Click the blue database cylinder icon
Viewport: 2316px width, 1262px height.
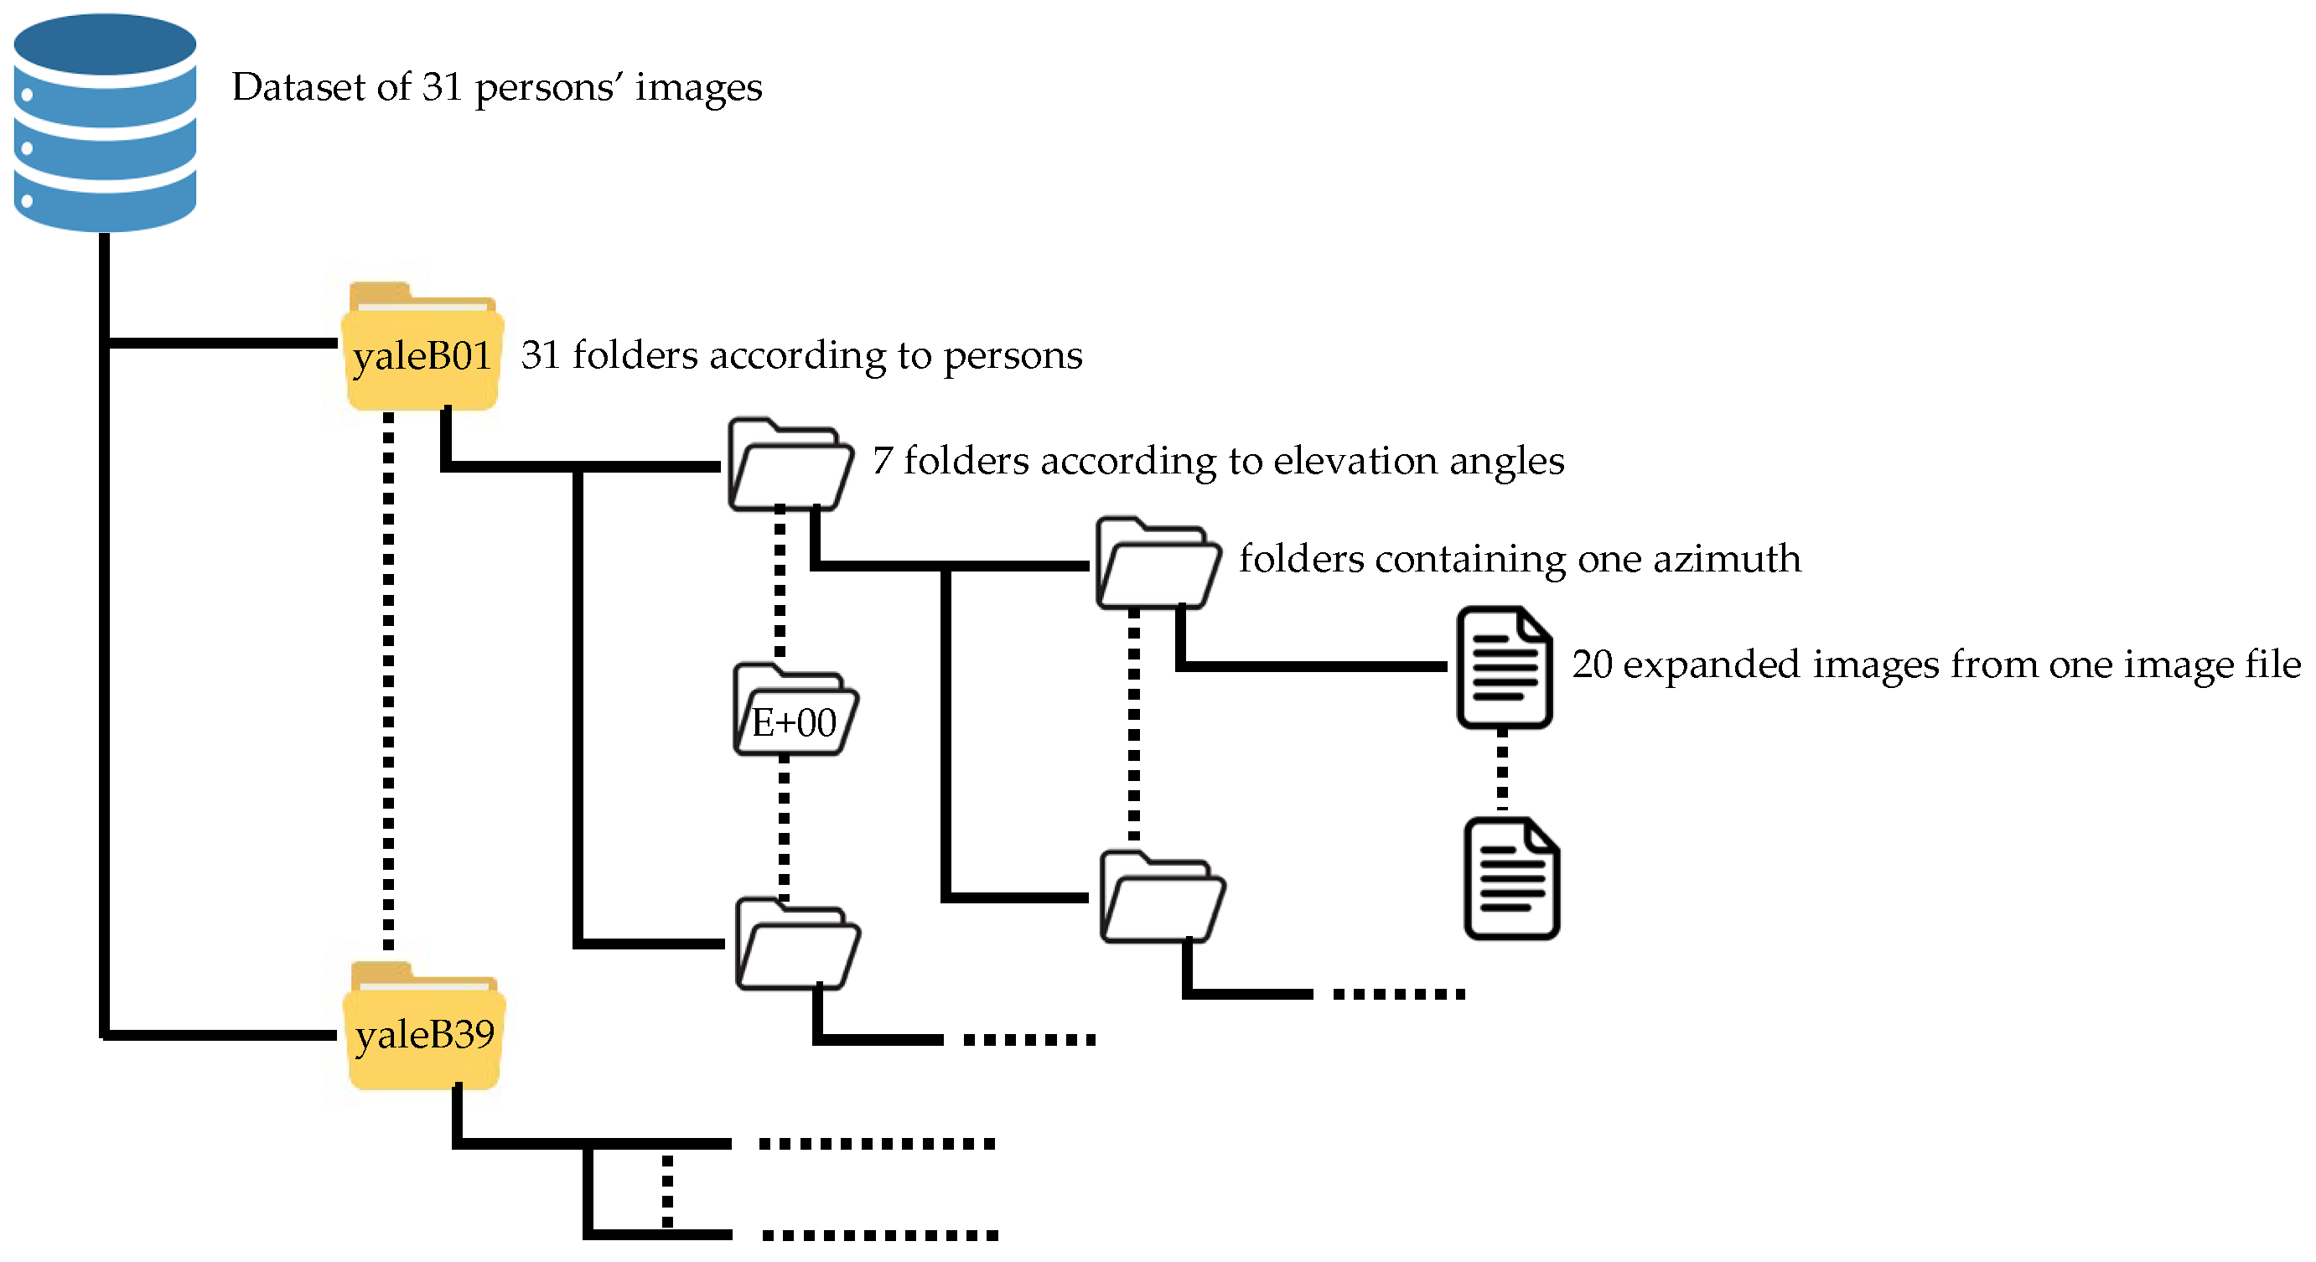pos(104,122)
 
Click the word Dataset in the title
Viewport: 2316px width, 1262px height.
pos(297,87)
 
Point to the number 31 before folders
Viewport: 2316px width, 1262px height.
pos(541,355)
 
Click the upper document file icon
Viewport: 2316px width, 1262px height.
pos(1504,667)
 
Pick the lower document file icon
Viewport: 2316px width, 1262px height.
pos(1511,878)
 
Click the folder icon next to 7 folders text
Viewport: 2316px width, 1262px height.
pos(790,466)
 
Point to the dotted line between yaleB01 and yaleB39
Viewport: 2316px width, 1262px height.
pos(388,683)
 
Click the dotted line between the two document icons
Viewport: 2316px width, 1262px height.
pos(1502,771)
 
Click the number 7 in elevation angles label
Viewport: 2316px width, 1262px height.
pos(882,461)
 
